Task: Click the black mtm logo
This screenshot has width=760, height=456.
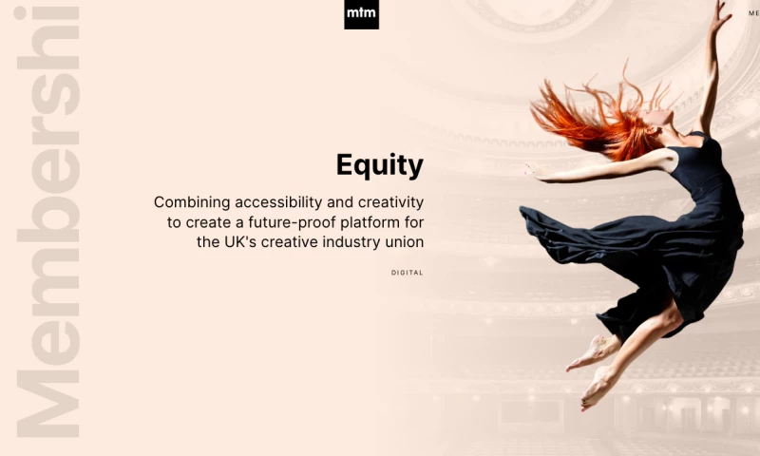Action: [x=361, y=14]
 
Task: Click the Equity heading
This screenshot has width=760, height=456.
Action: [x=379, y=165]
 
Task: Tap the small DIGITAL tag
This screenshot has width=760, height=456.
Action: [x=407, y=273]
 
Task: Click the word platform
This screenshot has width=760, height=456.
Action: [x=374, y=222]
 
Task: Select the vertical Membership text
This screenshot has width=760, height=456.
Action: [x=43, y=228]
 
